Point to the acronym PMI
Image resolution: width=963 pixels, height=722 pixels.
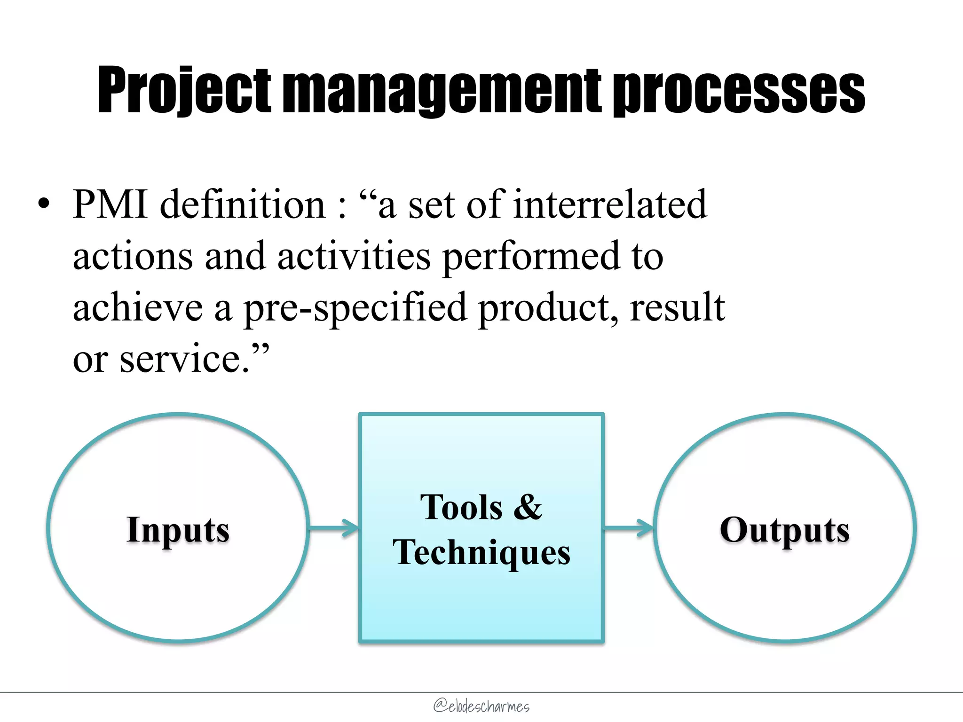tap(111, 204)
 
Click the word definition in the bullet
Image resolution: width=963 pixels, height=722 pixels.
tap(243, 204)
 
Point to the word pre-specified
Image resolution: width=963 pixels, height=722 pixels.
tap(355, 308)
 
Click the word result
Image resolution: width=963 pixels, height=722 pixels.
tap(677, 308)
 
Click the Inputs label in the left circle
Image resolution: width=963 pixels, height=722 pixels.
tap(178, 530)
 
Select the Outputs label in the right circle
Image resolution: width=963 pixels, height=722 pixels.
tap(784, 530)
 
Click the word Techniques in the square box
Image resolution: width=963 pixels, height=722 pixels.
tap(481, 552)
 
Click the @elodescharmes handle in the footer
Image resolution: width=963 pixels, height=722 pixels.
tap(481, 706)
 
